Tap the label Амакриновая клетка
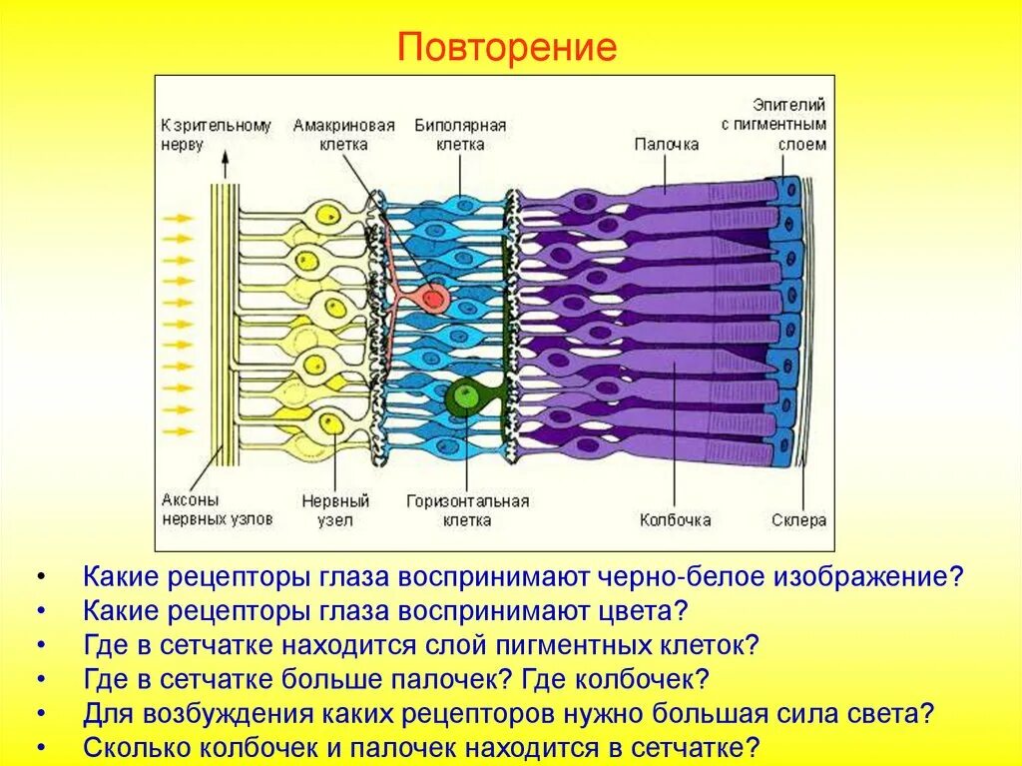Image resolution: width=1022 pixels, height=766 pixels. coord(344,135)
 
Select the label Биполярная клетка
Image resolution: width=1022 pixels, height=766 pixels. coord(459,135)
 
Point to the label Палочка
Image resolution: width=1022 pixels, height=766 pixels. coord(667,145)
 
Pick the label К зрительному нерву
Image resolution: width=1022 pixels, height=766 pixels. coord(216,135)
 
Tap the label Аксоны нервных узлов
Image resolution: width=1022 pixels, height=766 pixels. coord(192,509)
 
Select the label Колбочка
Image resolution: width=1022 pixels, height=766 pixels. coord(675,520)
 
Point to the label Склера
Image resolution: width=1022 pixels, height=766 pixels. coord(798,520)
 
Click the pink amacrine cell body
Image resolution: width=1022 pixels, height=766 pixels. coord(433,297)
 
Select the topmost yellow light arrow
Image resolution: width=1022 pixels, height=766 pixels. coord(178,217)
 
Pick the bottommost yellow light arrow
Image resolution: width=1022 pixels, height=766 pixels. coord(178,431)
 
